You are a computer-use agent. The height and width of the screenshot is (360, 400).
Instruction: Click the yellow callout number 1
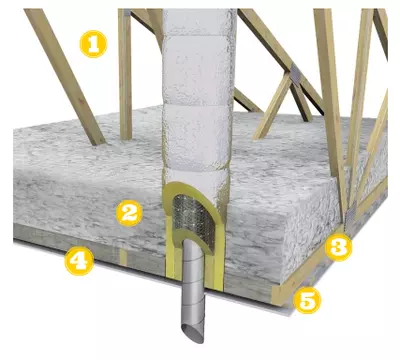click(x=93, y=44)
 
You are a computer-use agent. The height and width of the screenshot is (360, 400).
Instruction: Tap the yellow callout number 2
click(x=129, y=213)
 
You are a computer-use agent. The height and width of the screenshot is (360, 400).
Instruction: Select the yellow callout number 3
click(x=338, y=247)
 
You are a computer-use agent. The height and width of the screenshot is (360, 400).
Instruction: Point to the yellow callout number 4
click(x=79, y=262)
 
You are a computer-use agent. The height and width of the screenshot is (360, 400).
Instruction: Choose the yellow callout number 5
click(x=307, y=300)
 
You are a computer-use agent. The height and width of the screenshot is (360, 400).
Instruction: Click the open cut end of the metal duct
click(x=192, y=332)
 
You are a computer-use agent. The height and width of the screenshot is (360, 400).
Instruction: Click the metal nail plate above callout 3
click(x=349, y=217)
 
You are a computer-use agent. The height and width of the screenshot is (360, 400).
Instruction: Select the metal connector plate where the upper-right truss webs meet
click(x=295, y=73)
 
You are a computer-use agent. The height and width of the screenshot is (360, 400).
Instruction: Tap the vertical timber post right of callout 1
click(x=125, y=74)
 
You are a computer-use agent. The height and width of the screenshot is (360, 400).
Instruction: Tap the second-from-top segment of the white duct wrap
click(x=199, y=53)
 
